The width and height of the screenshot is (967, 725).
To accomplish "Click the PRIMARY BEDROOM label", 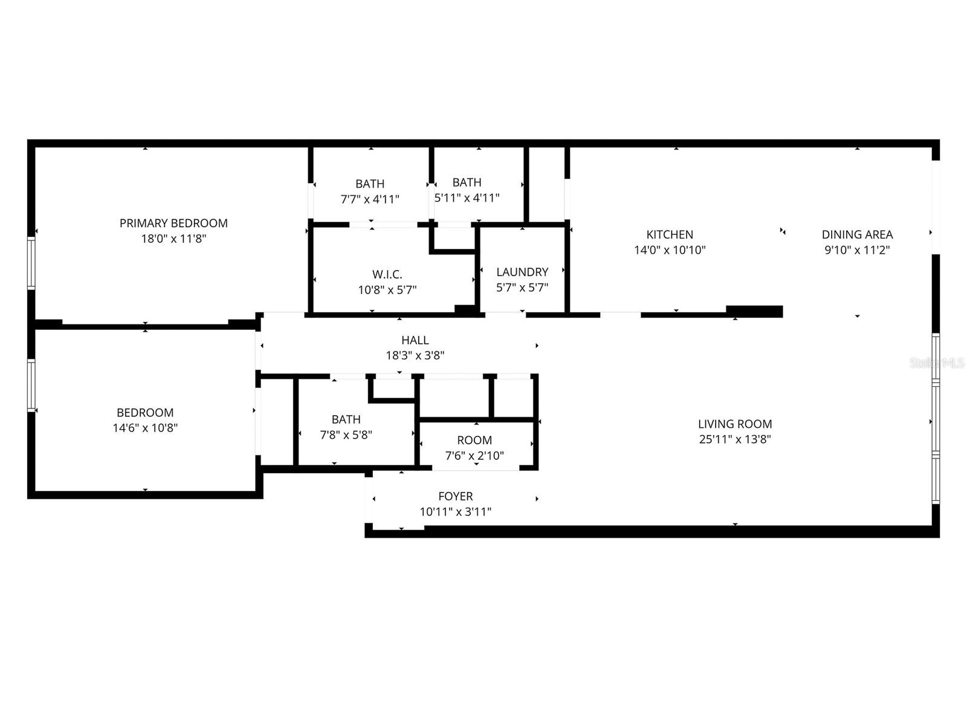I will (173, 223).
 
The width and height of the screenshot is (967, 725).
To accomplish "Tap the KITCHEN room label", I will (670, 234).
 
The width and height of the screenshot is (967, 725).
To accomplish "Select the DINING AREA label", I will (857, 234).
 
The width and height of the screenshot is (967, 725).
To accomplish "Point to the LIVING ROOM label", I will (735, 424).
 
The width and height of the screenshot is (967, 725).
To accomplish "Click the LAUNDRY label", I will (522, 272).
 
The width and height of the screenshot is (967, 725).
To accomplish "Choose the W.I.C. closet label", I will (387, 274).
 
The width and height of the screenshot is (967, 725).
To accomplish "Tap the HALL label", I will (415, 340).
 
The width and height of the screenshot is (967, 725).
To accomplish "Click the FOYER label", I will (456, 496).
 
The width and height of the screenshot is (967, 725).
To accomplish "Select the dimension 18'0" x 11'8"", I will (173, 239).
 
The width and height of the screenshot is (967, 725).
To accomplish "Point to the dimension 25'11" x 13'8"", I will (735, 439).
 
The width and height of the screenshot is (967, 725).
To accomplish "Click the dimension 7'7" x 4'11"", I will (370, 199).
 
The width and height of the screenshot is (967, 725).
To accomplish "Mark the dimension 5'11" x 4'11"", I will (467, 198).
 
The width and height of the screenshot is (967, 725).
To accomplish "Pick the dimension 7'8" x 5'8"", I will (346, 434).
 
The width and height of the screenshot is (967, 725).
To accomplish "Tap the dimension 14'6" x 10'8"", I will (145, 428).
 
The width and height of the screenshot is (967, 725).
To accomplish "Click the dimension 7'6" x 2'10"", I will (474, 456).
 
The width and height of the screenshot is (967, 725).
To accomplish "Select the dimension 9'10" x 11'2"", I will (857, 250).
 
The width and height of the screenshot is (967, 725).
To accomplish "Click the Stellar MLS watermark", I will (937, 363).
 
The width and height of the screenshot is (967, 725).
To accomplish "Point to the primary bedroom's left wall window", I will (31, 263).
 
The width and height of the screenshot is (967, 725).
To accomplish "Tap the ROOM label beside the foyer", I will (474, 440).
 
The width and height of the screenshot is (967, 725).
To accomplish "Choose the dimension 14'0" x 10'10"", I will (670, 250).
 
